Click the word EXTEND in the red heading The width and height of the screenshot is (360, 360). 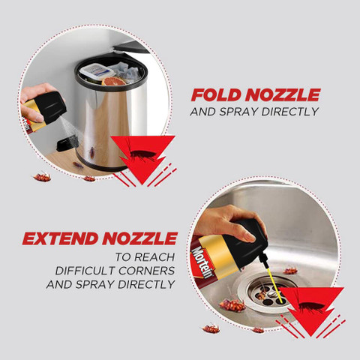(60, 238)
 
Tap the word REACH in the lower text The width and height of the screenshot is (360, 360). (154, 257)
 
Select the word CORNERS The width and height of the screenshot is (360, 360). (147, 271)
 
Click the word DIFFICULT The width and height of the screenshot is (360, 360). (85, 271)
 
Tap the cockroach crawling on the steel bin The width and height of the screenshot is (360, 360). (92, 152)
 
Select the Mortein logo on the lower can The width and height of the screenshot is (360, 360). (202, 262)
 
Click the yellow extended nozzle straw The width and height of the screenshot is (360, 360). (276, 286)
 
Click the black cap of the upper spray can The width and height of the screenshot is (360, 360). (51, 106)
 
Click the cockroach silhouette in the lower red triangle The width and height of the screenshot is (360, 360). (310, 305)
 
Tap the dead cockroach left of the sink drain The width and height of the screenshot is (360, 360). (232, 305)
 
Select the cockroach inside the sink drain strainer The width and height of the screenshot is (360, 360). (262, 294)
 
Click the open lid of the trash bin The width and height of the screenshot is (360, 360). (131, 47)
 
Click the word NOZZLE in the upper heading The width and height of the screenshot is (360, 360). (283, 95)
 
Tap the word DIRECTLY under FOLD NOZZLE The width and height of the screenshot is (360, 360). (289, 112)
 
